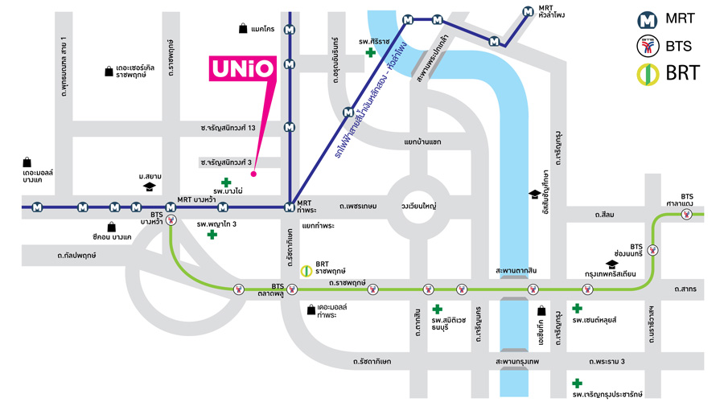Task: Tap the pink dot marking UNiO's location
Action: coord(253,173)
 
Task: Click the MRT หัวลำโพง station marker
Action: coord(527,12)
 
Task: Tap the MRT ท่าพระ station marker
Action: coord(289,207)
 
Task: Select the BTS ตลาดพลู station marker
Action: coord(238,290)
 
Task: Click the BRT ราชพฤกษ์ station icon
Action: coord(306,271)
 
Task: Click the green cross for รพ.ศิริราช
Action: coord(370,53)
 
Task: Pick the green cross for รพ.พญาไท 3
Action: coord(212,234)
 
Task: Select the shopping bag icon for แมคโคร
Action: coord(242,29)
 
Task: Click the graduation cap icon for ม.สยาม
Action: coord(149,187)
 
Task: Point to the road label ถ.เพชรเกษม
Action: coord(358,207)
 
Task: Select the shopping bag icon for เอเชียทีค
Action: coord(541,311)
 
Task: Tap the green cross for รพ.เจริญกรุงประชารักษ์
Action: coord(576,384)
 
